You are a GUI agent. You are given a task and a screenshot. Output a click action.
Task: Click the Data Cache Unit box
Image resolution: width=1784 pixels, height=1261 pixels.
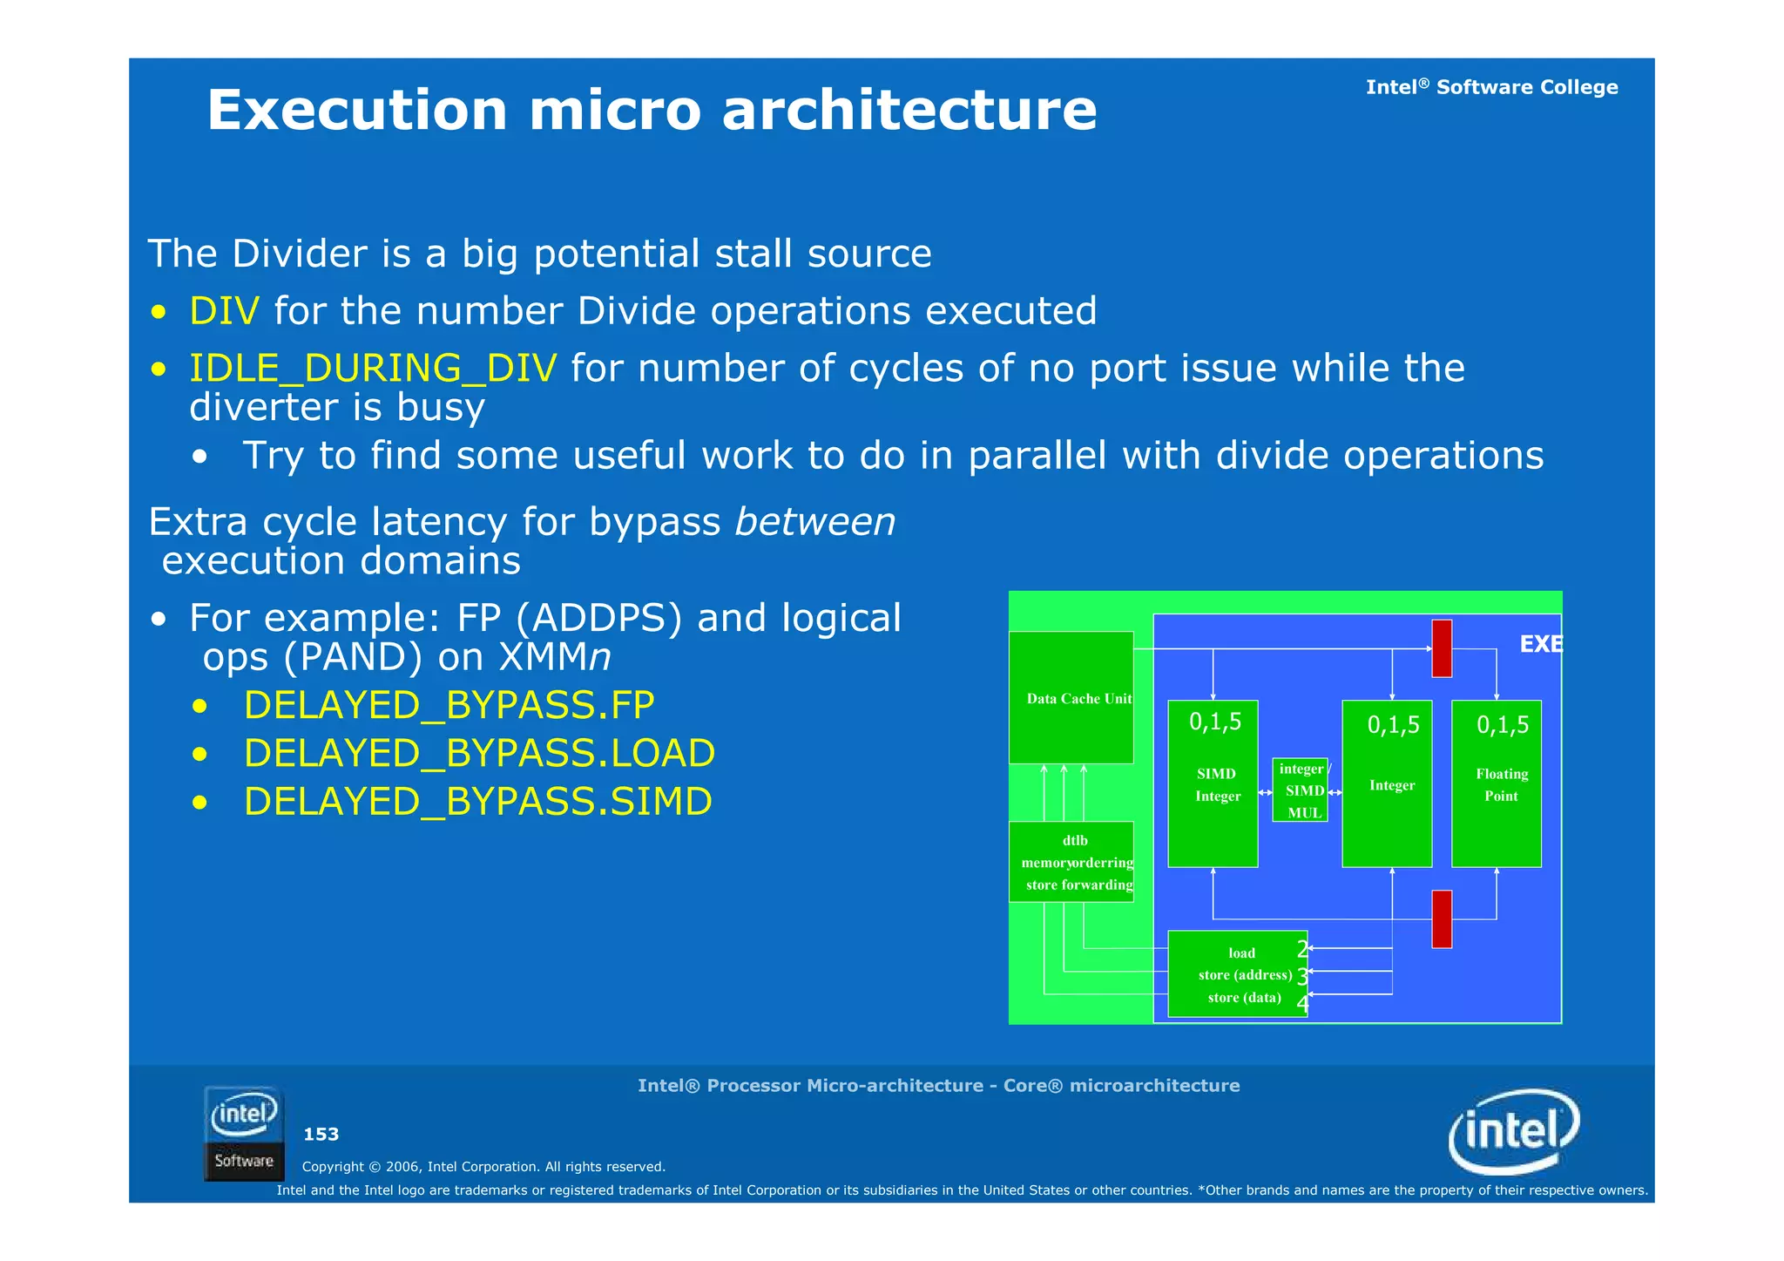1071,698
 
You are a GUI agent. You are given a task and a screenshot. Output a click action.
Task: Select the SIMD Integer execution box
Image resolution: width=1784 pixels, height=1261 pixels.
1213,783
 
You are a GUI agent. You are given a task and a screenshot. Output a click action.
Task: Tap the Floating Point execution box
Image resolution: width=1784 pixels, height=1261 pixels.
1496,783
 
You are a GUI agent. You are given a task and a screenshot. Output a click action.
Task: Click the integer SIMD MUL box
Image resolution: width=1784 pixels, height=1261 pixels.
1300,790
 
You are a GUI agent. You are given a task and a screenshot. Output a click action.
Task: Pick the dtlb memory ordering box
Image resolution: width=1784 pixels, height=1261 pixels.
1071,862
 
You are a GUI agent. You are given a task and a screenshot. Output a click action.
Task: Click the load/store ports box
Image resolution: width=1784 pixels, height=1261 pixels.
1237,974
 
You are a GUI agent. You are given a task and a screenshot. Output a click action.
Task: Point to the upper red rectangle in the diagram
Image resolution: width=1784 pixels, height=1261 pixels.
1442,648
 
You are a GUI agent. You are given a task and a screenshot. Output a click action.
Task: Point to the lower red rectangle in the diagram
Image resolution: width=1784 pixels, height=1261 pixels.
1442,919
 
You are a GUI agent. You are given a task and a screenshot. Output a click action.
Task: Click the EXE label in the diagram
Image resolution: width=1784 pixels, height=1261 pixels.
1540,644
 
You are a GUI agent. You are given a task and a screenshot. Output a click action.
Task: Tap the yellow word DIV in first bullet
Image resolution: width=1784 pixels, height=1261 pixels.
224,311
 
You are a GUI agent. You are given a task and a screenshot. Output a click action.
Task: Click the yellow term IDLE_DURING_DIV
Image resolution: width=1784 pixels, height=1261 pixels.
373,368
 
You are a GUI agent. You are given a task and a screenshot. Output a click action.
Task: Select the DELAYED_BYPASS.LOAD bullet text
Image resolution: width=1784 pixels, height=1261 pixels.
479,753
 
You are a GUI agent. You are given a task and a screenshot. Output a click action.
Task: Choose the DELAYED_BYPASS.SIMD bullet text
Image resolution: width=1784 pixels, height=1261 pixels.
477,801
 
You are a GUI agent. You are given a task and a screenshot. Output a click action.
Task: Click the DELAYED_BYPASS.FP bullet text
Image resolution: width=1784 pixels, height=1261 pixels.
449,704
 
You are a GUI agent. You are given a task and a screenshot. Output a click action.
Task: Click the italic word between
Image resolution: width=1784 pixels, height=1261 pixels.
814,522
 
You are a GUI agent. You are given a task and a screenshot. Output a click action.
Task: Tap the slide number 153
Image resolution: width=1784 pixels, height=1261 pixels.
321,1134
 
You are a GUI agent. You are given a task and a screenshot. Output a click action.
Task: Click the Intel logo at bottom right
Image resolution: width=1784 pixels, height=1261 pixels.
1513,1131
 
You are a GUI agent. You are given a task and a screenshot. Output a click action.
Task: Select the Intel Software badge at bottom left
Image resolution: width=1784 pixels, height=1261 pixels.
244,1134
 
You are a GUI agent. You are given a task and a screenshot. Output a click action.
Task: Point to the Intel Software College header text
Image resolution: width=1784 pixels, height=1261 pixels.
1491,87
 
